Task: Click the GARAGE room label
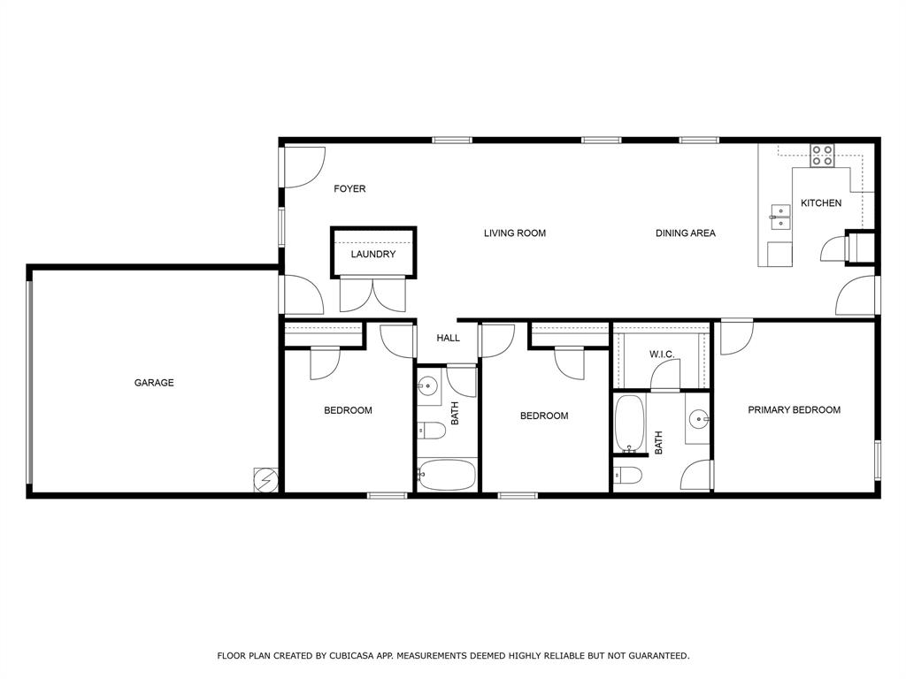point(154,383)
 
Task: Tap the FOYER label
point(349,189)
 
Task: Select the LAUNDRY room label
point(372,255)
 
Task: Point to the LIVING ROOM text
point(514,233)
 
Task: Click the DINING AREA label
point(685,233)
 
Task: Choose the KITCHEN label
point(821,203)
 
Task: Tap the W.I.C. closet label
point(662,355)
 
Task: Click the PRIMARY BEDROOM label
point(794,410)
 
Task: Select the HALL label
point(448,338)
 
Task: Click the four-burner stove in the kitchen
point(822,156)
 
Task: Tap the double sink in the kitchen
point(779,217)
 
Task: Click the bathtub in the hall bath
point(447,475)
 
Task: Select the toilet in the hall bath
point(431,431)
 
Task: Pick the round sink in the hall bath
point(429,386)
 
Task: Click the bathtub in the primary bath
point(629,423)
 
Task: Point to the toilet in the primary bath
point(627,476)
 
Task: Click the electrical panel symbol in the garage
point(265,479)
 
